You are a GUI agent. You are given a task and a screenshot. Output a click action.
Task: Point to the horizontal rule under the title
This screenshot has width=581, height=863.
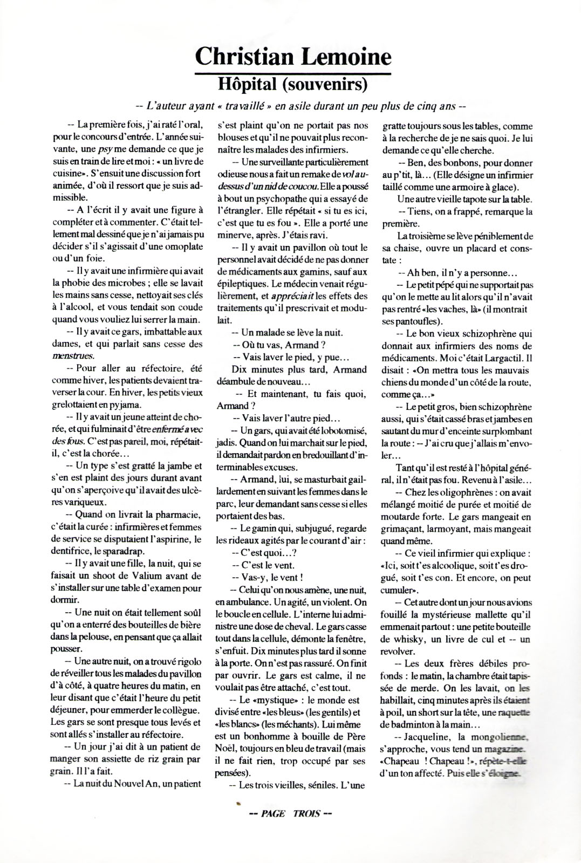click(x=292, y=72)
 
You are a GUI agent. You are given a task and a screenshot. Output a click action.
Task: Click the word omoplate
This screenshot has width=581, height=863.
click(x=180, y=246)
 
